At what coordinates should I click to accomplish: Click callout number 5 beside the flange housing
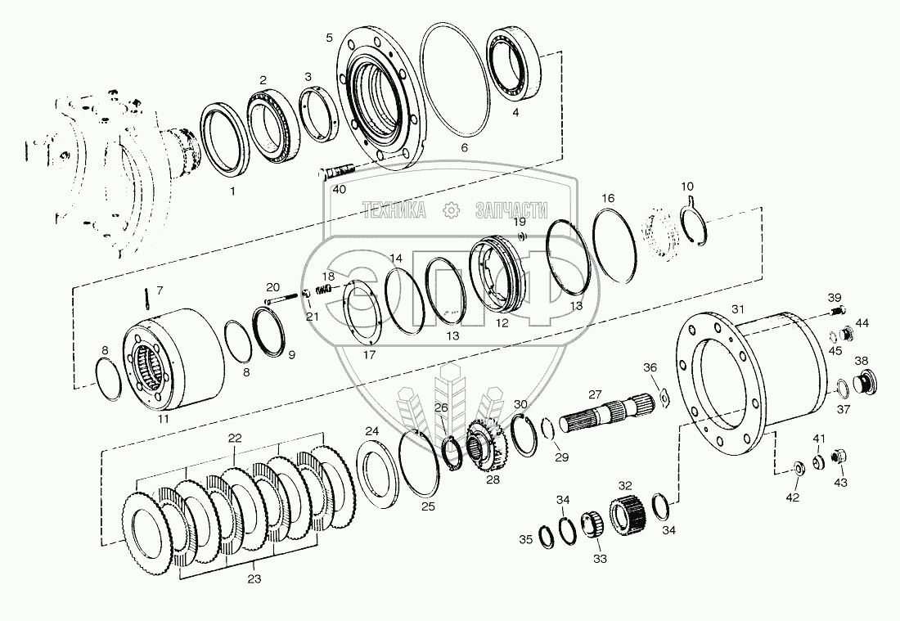pos(329,38)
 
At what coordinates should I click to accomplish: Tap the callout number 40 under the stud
pos(340,189)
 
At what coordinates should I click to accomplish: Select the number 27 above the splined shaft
pos(595,394)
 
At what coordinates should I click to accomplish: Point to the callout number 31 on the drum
pos(737,309)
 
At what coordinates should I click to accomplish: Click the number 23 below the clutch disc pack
pos(254,579)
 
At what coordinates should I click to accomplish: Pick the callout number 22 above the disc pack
pos(235,438)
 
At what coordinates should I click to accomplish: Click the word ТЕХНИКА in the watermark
pos(394,210)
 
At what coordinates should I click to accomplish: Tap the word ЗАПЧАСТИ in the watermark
pos(511,210)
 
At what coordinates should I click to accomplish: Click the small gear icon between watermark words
pos(452,210)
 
